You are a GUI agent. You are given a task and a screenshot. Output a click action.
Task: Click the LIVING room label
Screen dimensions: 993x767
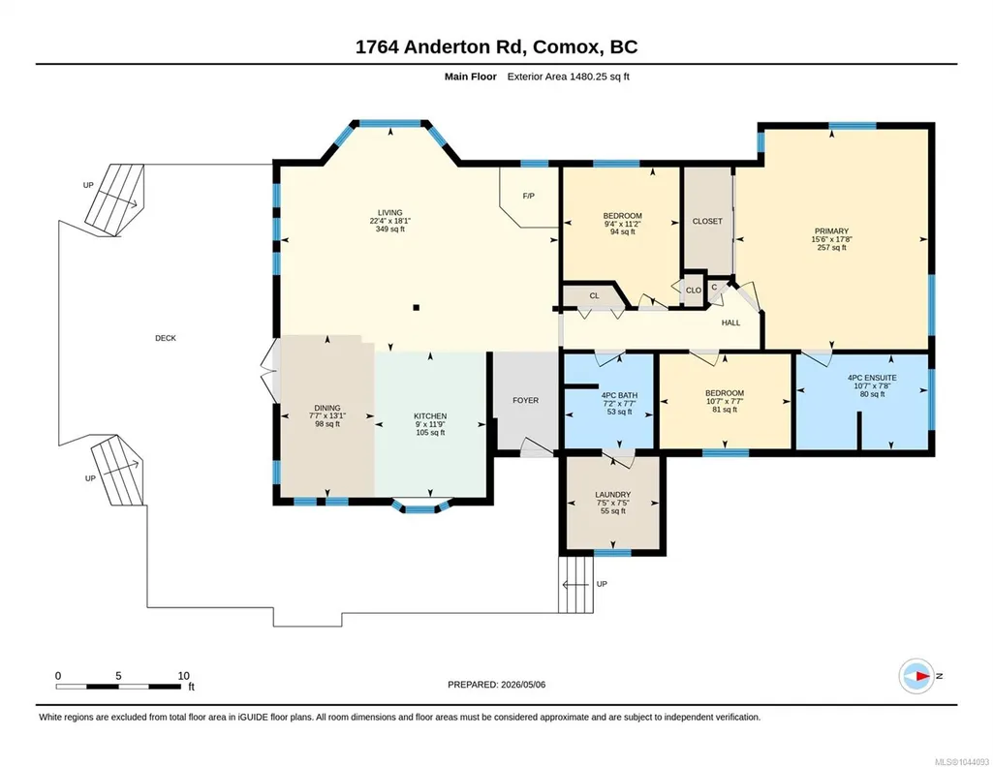click(x=390, y=213)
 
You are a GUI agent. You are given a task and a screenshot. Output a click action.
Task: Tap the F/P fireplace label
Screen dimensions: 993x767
click(x=529, y=197)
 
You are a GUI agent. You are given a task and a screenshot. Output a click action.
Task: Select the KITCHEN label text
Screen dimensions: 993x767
click(x=431, y=416)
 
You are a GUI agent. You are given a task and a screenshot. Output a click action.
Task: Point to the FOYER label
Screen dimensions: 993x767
click(x=526, y=401)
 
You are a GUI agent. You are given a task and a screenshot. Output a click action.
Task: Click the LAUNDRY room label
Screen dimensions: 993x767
click(x=613, y=495)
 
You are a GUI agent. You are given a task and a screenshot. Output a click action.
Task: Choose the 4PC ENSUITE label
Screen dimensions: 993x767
click(x=872, y=378)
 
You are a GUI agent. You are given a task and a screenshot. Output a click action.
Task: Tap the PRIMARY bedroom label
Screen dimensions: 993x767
click(x=831, y=231)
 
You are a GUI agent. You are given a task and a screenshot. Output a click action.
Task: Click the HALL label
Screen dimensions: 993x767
click(x=730, y=322)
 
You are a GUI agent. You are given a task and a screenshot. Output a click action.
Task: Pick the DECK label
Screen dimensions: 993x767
click(x=166, y=338)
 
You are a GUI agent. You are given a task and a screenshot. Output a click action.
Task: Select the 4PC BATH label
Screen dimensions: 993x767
click(x=619, y=395)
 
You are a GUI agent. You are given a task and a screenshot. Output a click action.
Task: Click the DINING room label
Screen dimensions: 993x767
click(x=327, y=408)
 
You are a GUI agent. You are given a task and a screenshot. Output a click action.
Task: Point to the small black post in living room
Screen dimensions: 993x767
click(x=416, y=308)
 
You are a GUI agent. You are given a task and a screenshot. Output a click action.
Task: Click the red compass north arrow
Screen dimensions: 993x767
click(x=922, y=676)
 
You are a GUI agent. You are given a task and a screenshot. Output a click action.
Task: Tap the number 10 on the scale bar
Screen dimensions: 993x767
click(x=184, y=676)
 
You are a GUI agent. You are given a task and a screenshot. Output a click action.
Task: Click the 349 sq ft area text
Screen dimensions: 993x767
click(x=390, y=230)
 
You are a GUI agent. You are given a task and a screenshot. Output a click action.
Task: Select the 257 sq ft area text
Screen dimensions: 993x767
click(x=831, y=248)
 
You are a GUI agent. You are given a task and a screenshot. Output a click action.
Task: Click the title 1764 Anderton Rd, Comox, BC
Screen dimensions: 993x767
click(x=496, y=47)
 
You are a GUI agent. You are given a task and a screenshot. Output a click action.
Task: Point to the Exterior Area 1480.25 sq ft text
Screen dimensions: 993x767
click(x=568, y=77)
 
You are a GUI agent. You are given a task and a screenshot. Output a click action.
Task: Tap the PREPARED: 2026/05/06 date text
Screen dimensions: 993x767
click(x=496, y=685)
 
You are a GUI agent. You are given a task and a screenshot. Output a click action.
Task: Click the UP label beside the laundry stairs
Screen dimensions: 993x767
click(x=602, y=584)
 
